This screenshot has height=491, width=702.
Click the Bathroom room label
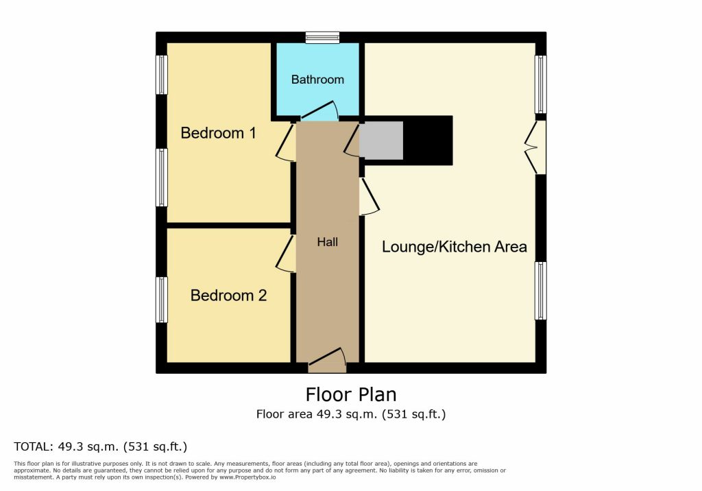coord(317,80)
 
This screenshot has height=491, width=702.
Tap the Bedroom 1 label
coord(218,133)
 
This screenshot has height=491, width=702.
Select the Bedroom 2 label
coord(228,296)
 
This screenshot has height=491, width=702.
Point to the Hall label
coord(327,242)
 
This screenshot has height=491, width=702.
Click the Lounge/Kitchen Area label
coord(454,247)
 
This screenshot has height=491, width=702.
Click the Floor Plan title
coord(351,395)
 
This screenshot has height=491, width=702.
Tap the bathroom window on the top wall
coord(322,38)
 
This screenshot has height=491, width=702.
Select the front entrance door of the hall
coord(327,361)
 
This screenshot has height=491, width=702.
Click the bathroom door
coord(319,111)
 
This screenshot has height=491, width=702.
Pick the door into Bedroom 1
coord(285,141)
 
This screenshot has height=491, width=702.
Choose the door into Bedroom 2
coord(286,253)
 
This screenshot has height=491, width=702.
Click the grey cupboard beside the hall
coord(381,140)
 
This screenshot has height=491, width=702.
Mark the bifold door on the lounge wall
coord(535,147)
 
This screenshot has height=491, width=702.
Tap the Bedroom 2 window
coord(162,300)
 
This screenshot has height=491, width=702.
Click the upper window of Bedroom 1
coord(162,75)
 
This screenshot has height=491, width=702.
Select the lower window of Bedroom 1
coord(162,178)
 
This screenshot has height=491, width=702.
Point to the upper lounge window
coord(541,84)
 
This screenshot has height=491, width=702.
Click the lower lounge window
coord(541,291)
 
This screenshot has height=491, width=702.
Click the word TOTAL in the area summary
coord(33,446)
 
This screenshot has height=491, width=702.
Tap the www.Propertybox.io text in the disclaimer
coord(247,477)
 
